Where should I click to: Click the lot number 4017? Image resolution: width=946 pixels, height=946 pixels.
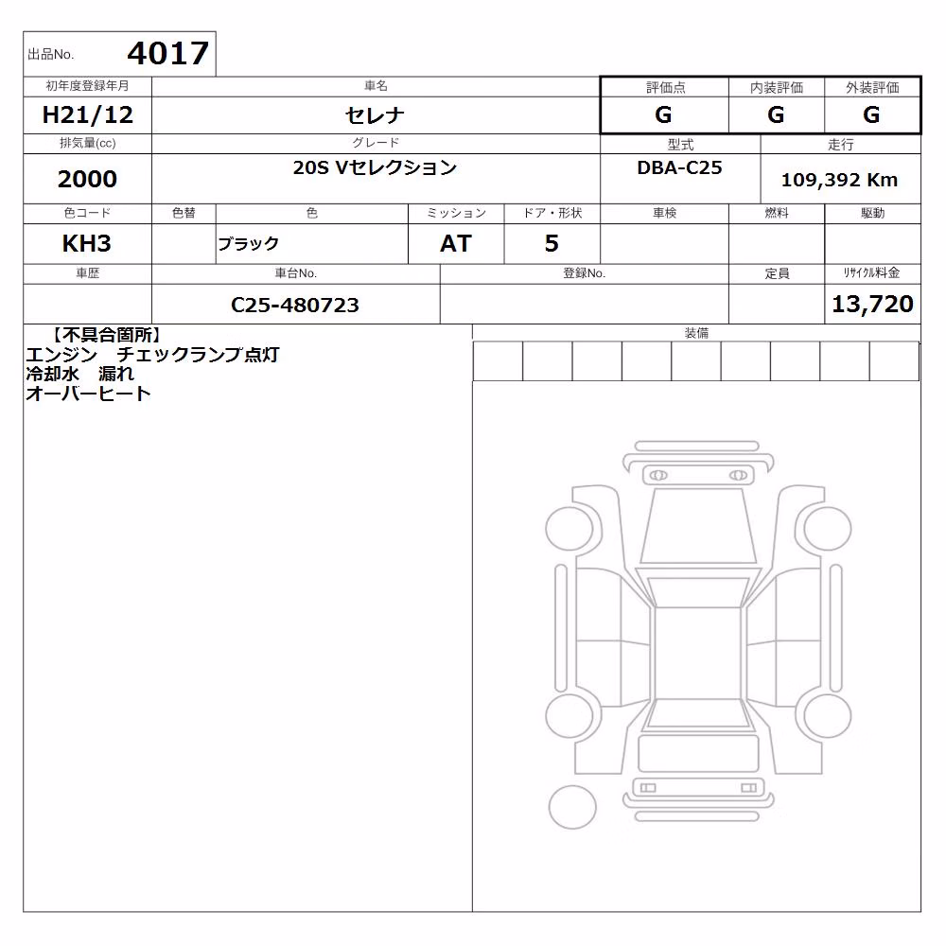tap(167, 53)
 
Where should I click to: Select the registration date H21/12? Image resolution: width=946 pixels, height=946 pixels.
tap(87, 114)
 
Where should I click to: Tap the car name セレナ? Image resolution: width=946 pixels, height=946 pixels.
tap(375, 114)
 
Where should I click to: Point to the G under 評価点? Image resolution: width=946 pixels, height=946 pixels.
tap(663, 114)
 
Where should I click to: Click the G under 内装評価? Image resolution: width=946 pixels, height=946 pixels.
tap(776, 114)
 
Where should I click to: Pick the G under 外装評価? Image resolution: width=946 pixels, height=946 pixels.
tap(871, 114)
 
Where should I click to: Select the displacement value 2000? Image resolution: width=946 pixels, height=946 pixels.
tap(87, 179)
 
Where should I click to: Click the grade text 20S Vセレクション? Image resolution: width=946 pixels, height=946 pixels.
tap(375, 167)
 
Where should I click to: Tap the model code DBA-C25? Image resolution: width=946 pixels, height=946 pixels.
tap(679, 167)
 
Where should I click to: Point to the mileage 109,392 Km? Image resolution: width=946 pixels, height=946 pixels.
tap(839, 180)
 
